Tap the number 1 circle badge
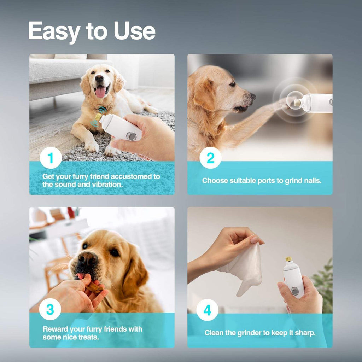pos(51,158)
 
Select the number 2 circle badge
pos(210,158)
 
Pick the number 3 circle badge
pos(50,309)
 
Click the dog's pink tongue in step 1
pos(100,92)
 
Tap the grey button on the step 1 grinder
pos(131,136)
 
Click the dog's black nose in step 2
pos(252,96)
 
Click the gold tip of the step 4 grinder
pos(288,260)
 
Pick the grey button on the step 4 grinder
pos(295,291)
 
